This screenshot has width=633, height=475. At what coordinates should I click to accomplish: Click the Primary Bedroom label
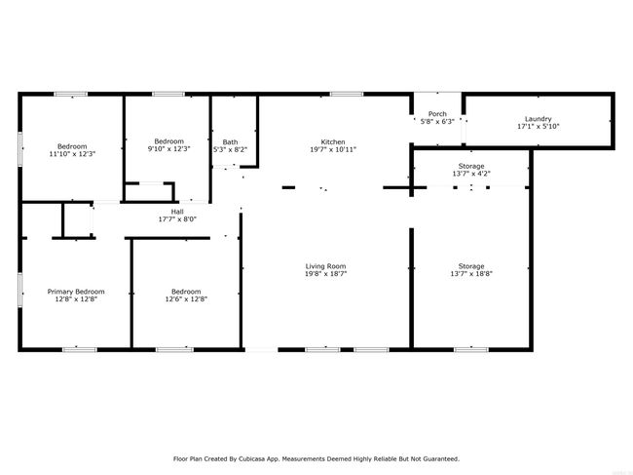click(76, 292)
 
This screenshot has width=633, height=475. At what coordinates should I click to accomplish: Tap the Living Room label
click(326, 266)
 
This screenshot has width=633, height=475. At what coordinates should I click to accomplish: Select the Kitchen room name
click(333, 141)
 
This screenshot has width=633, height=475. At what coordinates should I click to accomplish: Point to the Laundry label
click(539, 119)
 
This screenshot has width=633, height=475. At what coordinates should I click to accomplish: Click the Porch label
click(437, 114)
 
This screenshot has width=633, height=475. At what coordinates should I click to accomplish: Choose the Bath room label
click(230, 142)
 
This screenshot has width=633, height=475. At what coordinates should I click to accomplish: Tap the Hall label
click(177, 212)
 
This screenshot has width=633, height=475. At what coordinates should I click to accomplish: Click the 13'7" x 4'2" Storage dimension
click(471, 174)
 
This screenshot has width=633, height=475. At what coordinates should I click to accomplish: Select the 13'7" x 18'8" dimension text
click(471, 274)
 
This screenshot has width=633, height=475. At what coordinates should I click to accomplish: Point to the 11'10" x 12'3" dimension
click(72, 153)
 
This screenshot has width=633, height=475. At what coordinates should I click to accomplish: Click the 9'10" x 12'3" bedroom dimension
click(169, 149)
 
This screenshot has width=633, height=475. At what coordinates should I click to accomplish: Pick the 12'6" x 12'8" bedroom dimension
click(186, 299)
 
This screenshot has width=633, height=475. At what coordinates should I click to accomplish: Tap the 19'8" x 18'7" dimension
click(326, 274)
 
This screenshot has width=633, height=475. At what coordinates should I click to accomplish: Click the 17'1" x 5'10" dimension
click(539, 126)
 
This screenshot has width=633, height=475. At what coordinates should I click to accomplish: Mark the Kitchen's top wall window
click(347, 95)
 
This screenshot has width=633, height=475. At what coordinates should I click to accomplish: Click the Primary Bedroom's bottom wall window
click(80, 349)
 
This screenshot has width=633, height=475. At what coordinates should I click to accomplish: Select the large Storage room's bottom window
click(471, 349)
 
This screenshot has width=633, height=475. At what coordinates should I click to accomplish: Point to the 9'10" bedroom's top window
click(168, 95)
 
